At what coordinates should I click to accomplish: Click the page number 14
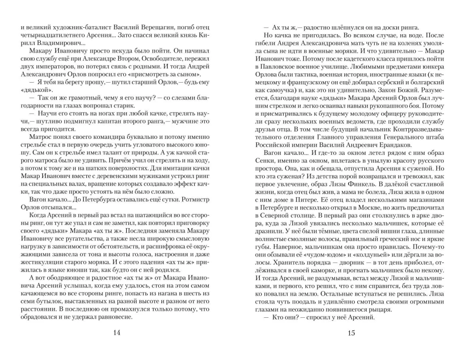(x=117, y=333)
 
